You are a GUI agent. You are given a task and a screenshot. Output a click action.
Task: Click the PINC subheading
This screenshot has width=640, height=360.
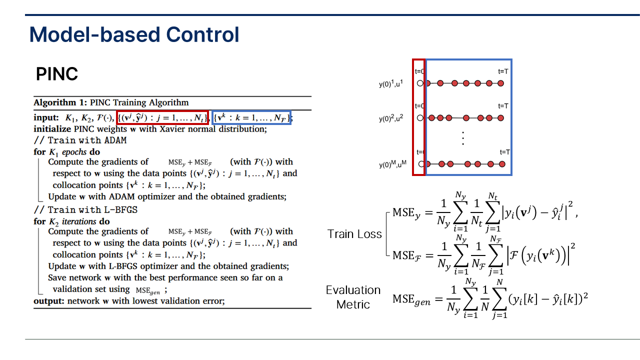click(x=57, y=74)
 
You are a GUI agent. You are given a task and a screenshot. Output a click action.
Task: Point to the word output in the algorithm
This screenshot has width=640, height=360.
click(x=48, y=301)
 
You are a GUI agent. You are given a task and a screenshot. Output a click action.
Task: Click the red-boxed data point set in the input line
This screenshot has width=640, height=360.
click(x=162, y=118)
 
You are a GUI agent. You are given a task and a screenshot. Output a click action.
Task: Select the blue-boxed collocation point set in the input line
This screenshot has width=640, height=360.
click(x=251, y=118)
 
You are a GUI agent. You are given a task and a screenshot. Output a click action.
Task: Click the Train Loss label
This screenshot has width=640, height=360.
click(x=354, y=233)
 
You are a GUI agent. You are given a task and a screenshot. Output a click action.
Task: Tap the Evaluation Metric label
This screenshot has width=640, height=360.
click(x=353, y=297)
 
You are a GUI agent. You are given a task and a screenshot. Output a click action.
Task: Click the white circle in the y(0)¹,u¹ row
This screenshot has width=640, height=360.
click(x=420, y=83)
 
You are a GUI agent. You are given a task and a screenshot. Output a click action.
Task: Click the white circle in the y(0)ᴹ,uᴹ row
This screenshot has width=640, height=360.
click(x=421, y=164)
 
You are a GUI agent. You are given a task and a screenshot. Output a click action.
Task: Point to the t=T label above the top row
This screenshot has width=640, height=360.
click(x=503, y=71)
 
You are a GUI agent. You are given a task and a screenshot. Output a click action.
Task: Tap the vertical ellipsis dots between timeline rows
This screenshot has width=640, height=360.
click(x=463, y=138)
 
